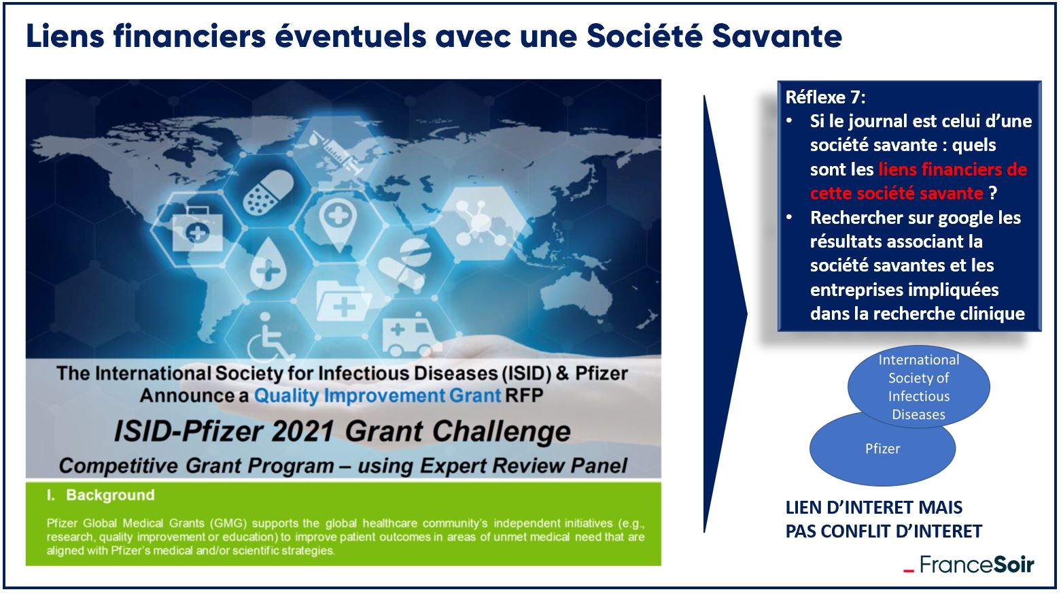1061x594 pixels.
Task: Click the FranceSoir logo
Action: [x=968, y=564]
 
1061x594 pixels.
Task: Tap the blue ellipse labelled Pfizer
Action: [x=882, y=455]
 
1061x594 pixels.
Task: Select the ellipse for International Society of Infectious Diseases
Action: [x=918, y=386]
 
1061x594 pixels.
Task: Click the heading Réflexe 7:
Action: [x=825, y=97]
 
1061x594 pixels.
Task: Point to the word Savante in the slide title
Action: [x=777, y=36]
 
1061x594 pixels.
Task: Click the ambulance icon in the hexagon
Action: [x=408, y=333]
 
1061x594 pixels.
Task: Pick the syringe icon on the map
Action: [x=336, y=151]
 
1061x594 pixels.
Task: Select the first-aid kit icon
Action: [x=197, y=229]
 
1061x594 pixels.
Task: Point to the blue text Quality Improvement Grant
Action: [x=377, y=395]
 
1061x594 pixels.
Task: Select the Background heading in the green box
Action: [x=110, y=495]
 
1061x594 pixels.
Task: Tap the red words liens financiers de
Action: [x=952, y=169]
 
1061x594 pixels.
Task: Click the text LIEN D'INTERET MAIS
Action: [x=874, y=507]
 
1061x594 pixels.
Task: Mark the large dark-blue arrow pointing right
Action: [x=725, y=314]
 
